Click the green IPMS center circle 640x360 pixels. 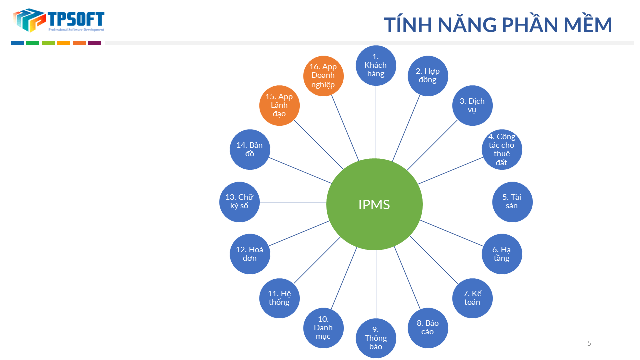pos(374,204)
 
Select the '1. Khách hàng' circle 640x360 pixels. pos(375,65)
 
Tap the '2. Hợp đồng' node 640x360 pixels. pos(428,75)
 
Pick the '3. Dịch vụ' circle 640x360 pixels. pos(472,105)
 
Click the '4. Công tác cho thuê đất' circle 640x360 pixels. pos(502,149)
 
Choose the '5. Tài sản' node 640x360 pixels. pos(512,201)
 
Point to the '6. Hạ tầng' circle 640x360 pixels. pos(502,254)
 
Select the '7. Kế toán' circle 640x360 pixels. pos(472,298)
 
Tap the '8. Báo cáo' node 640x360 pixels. pos(428,328)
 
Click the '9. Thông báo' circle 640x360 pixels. pos(376,338)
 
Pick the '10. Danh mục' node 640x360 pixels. pos(323,328)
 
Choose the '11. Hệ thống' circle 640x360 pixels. pos(279,298)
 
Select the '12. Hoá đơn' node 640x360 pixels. pos(250,254)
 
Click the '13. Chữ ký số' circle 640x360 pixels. pos(239,201)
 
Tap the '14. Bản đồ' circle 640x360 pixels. pos(250,149)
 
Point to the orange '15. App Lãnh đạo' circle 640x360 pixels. pos(279,105)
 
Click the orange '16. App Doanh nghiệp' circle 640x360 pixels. pos(323,75)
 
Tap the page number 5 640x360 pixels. pos(589,343)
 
